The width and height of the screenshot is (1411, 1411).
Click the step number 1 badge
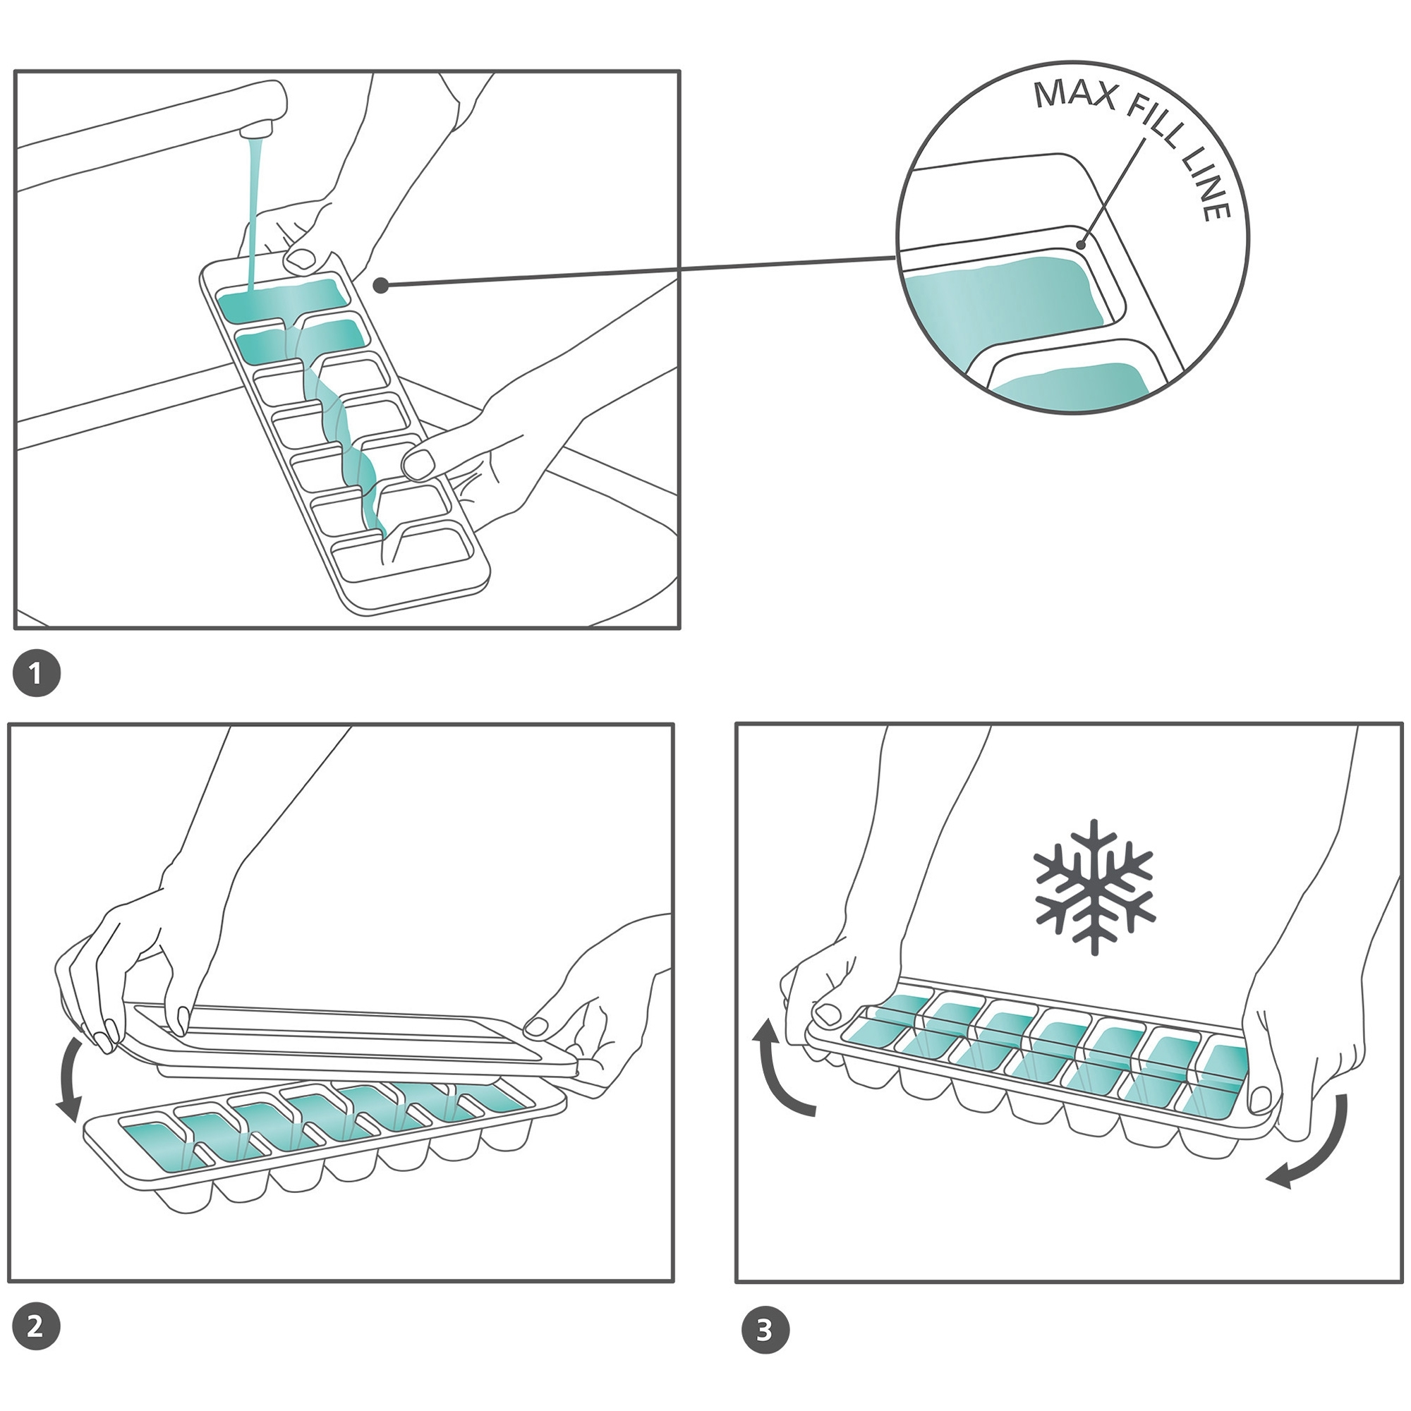[x=37, y=672]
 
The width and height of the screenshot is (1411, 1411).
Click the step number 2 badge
[x=36, y=1326]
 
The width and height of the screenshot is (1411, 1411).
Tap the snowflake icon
[x=1094, y=886]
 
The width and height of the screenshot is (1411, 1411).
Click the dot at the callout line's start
[x=380, y=286]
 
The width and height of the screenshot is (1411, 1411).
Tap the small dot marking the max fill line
[x=1082, y=244]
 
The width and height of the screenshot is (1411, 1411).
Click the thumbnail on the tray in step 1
[x=299, y=258]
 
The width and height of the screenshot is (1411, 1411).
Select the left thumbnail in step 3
[x=828, y=1014]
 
